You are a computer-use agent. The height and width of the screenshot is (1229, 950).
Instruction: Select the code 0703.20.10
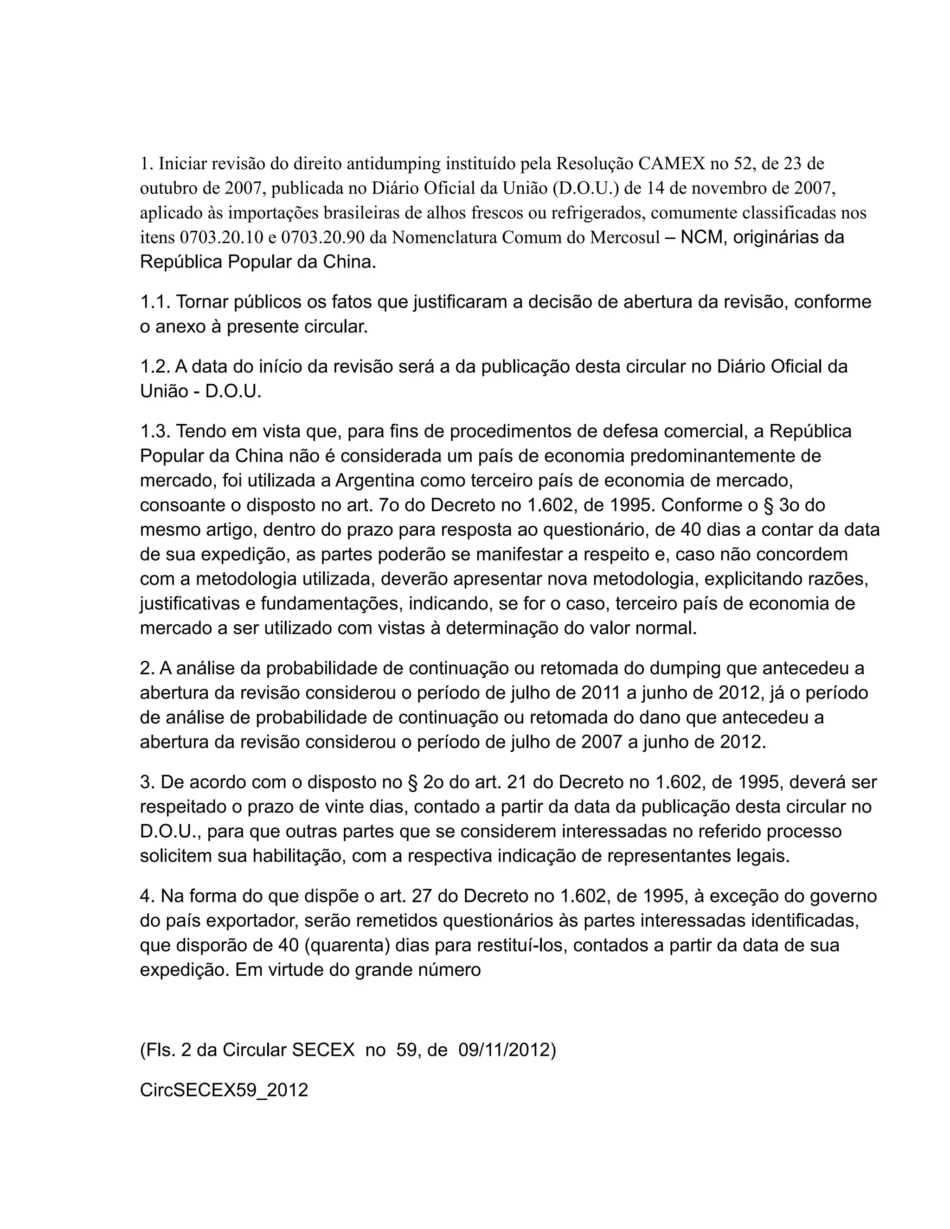point(221,237)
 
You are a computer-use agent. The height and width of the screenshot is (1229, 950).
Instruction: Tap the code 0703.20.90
point(322,237)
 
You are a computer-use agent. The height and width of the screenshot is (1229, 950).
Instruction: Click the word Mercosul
point(625,237)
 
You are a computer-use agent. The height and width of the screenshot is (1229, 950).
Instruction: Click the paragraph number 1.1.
point(155,302)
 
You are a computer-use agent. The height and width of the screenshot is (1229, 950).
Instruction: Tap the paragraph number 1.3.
point(155,432)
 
